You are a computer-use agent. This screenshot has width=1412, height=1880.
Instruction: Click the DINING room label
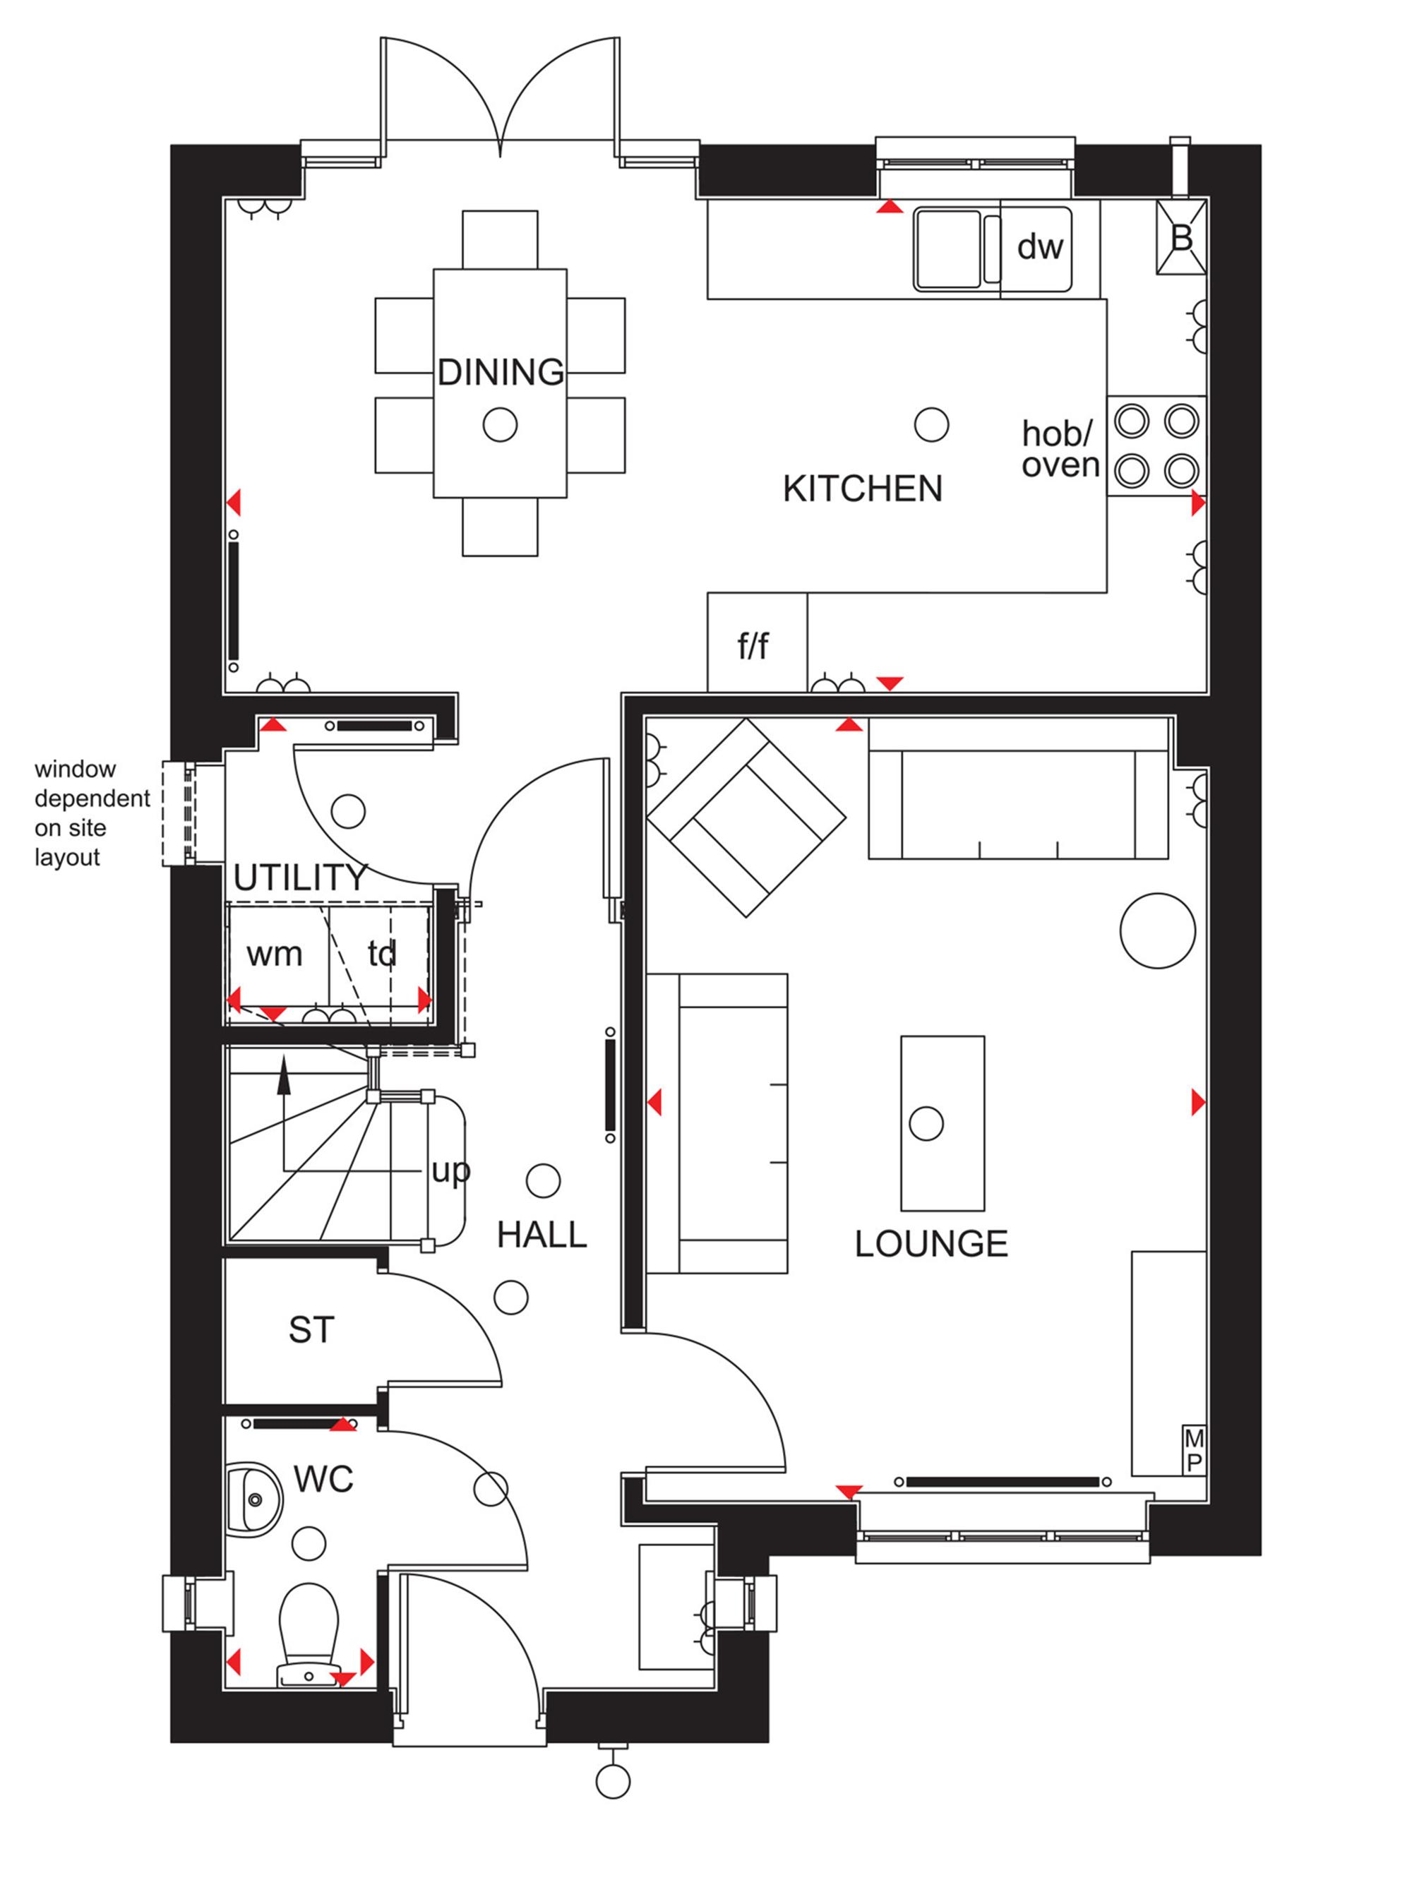[500, 372]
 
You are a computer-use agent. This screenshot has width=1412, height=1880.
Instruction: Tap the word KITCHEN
[862, 489]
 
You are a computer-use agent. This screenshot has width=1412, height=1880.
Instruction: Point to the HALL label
[542, 1235]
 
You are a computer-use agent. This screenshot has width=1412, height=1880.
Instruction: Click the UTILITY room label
[299, 877]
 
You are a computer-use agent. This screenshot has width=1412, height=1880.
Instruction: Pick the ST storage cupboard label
[311, 1330]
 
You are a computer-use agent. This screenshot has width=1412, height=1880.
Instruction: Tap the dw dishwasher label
[1040, 246]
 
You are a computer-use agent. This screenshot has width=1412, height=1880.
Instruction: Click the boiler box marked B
[1180, 237]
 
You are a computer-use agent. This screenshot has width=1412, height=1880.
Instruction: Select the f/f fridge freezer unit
[758, 642]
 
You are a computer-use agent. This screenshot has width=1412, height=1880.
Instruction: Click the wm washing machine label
[274, 954]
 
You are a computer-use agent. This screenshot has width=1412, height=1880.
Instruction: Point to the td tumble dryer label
[382, 953]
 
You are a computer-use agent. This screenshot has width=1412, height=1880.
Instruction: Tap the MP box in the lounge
[1194, 1450]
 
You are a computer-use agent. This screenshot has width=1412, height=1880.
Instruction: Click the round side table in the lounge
[1157, 930]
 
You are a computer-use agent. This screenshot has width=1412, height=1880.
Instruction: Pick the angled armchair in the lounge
[746, 818]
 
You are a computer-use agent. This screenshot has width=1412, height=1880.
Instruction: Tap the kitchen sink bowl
[947, 249]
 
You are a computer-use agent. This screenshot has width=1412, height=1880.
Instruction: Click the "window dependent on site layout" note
[92, 813]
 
